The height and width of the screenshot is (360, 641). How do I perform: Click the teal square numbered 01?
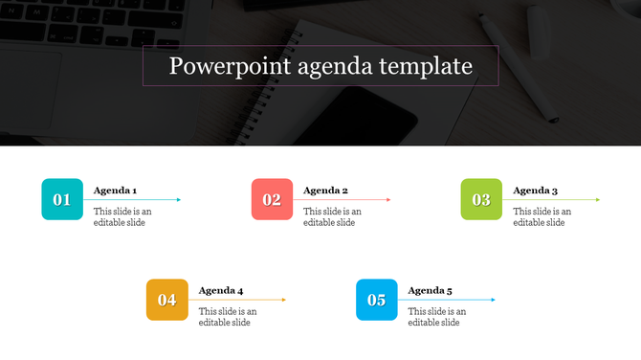point(62,199)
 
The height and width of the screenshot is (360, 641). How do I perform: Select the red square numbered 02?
point(272,199)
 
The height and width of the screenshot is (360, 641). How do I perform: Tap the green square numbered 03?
point(481,199)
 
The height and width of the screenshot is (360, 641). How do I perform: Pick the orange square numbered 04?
point(166,300)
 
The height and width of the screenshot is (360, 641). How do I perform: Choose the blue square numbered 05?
point(376,300)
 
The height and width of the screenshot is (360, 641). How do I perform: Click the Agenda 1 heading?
point(115,191)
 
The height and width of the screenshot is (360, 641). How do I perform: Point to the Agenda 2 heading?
point(325,191)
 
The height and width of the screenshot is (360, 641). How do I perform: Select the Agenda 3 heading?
point(535,191)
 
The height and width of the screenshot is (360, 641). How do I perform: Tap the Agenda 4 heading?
point(220,291)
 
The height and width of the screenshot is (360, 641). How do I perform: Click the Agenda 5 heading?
point(430,291)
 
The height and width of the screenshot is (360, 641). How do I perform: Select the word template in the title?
point(425,67)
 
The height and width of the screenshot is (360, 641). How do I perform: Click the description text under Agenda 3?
point(542,217)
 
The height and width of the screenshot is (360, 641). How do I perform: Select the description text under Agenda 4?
point(228,317)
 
